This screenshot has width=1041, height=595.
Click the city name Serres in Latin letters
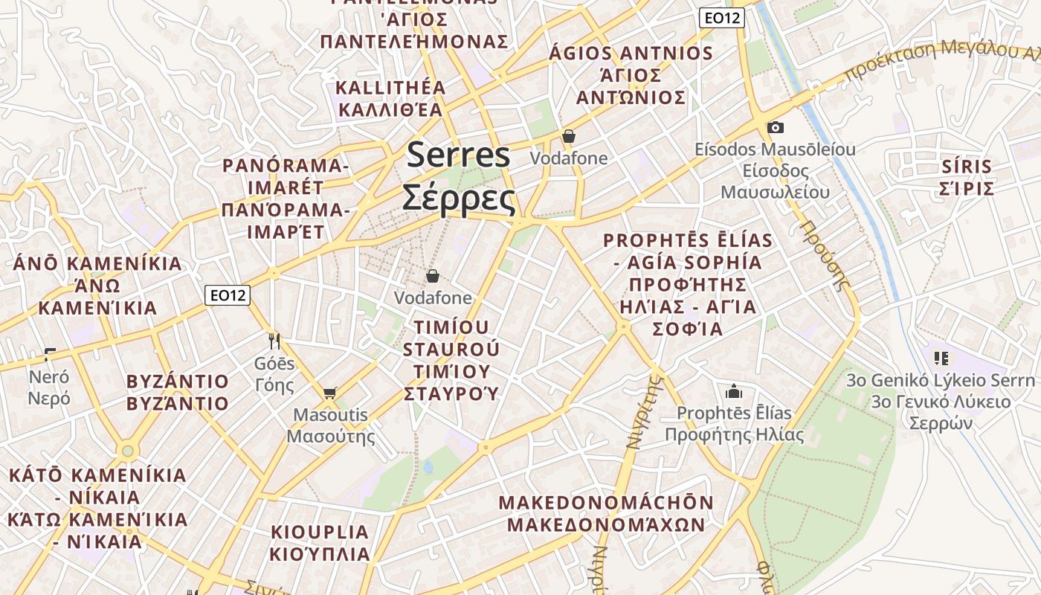tap(459, 155)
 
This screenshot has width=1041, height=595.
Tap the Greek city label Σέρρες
tap(459, 197)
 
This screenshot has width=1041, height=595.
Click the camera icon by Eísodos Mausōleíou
tap(775, 127)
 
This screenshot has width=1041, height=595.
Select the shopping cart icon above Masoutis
tap(329, 392)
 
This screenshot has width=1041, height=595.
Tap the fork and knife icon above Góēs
tap(274, 341)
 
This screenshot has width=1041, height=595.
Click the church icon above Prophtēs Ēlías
tap(734, 391)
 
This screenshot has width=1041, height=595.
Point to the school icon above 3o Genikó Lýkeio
tap(941, 358)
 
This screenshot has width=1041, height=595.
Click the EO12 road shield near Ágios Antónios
tap(721, 18)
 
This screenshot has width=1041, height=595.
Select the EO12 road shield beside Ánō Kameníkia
tap(228, 295)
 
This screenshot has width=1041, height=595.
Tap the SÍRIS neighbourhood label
tap(966, 166)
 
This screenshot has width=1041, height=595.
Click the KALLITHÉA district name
tap(391, 88)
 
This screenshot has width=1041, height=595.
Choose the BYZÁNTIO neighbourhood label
tap(178, 382)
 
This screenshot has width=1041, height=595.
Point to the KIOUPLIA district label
tap(320, 532)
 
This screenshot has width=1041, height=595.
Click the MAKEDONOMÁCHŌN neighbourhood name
tap(606, 503)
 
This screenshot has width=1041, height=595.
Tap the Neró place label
tap(49, 376)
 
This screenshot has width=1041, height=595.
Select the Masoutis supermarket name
tap(331, 414)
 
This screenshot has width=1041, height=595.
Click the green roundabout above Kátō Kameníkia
tap(128, 451)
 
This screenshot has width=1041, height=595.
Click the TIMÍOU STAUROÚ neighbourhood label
tap(451, 338)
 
